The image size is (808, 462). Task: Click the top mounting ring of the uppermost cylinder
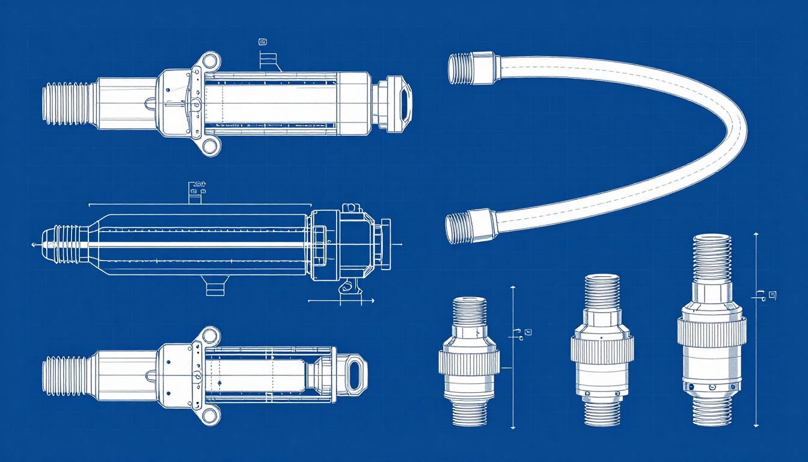[x=210, y=60]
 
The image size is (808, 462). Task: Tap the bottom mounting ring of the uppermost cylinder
[x=210, y=146]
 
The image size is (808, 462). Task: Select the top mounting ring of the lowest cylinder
[x=210, y=336]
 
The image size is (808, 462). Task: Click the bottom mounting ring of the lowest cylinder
[x=210, y=414]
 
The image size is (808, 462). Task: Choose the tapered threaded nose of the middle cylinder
[x=60, y=245]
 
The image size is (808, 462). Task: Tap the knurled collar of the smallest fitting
[x=469, y=363]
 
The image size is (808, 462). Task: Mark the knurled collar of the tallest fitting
[x=712, y=331]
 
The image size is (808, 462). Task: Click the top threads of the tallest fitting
[x=712, y=257]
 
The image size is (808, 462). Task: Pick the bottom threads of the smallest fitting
[x=469, y=413]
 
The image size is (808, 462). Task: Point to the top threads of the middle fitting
[x=602, y=292]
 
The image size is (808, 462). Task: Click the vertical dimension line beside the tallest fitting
[x=756, y=328]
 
